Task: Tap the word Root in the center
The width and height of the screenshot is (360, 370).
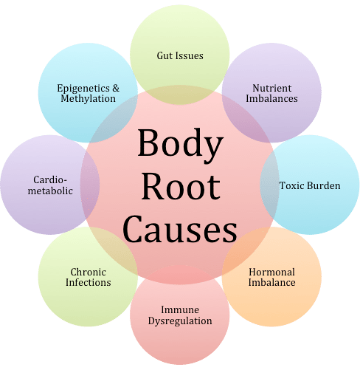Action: click(181, 186)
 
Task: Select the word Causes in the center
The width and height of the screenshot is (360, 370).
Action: click(180, 228)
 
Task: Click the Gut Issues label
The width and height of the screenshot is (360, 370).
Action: click(180, 55)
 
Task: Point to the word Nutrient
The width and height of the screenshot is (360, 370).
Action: click(272, 88)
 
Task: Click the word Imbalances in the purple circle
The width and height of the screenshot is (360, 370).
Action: click(271, 98)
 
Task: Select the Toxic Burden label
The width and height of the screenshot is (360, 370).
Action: click(310, 185)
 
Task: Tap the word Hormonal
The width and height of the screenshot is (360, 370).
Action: click(271, 272)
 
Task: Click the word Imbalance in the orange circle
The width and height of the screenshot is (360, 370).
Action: click(271, 282)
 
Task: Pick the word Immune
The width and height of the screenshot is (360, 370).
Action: click(180, 309)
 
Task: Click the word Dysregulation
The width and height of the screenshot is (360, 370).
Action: click(180, 321)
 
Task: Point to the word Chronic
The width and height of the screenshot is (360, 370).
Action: click(89, 272)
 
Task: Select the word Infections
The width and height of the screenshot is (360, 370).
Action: click(89, 282)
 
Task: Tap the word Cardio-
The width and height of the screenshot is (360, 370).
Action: click(50, 179)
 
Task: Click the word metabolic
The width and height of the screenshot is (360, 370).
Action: click(50, 191)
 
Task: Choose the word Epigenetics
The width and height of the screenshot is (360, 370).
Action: click(83, 89)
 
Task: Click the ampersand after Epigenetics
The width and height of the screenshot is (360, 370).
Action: click(116, 88)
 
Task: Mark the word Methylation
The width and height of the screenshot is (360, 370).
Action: click(89, 99)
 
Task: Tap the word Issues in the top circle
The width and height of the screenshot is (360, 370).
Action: click(190, 55)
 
